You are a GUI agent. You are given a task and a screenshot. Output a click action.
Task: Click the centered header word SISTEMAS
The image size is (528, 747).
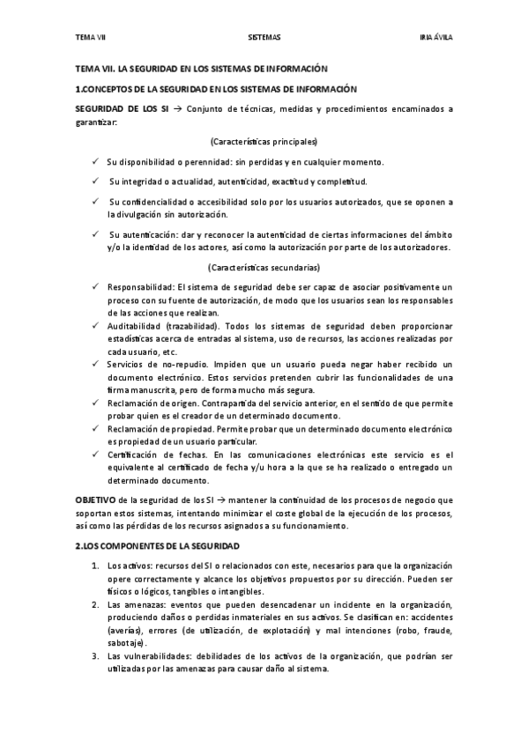(x=264, y=37)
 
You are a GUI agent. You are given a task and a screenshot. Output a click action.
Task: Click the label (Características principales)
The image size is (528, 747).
(x=264, y=141)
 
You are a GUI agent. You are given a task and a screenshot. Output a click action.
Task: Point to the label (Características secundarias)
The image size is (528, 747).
(x=264, y=267)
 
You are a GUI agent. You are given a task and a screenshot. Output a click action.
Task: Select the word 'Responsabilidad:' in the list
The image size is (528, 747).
(x=140, y=287)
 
